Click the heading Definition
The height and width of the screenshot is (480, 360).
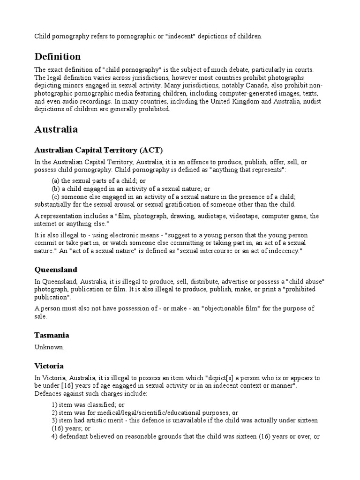tap(58, 57)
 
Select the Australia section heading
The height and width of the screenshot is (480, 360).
tap(56, 129)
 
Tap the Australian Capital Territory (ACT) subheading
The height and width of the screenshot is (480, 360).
tap(98, 150)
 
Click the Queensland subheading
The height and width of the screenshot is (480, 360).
tap(56, 270)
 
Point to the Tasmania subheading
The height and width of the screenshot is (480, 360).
tap(52, 335)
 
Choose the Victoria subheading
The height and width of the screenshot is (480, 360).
tap(49, 366)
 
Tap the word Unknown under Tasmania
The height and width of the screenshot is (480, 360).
tap(49, 347)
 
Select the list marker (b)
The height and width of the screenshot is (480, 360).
tap(55, 189)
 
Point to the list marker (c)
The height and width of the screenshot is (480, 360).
tap(55, 196)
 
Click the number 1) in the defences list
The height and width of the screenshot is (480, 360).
tap(54, 404)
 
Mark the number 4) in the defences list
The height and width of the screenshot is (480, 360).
tap(54, 436)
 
